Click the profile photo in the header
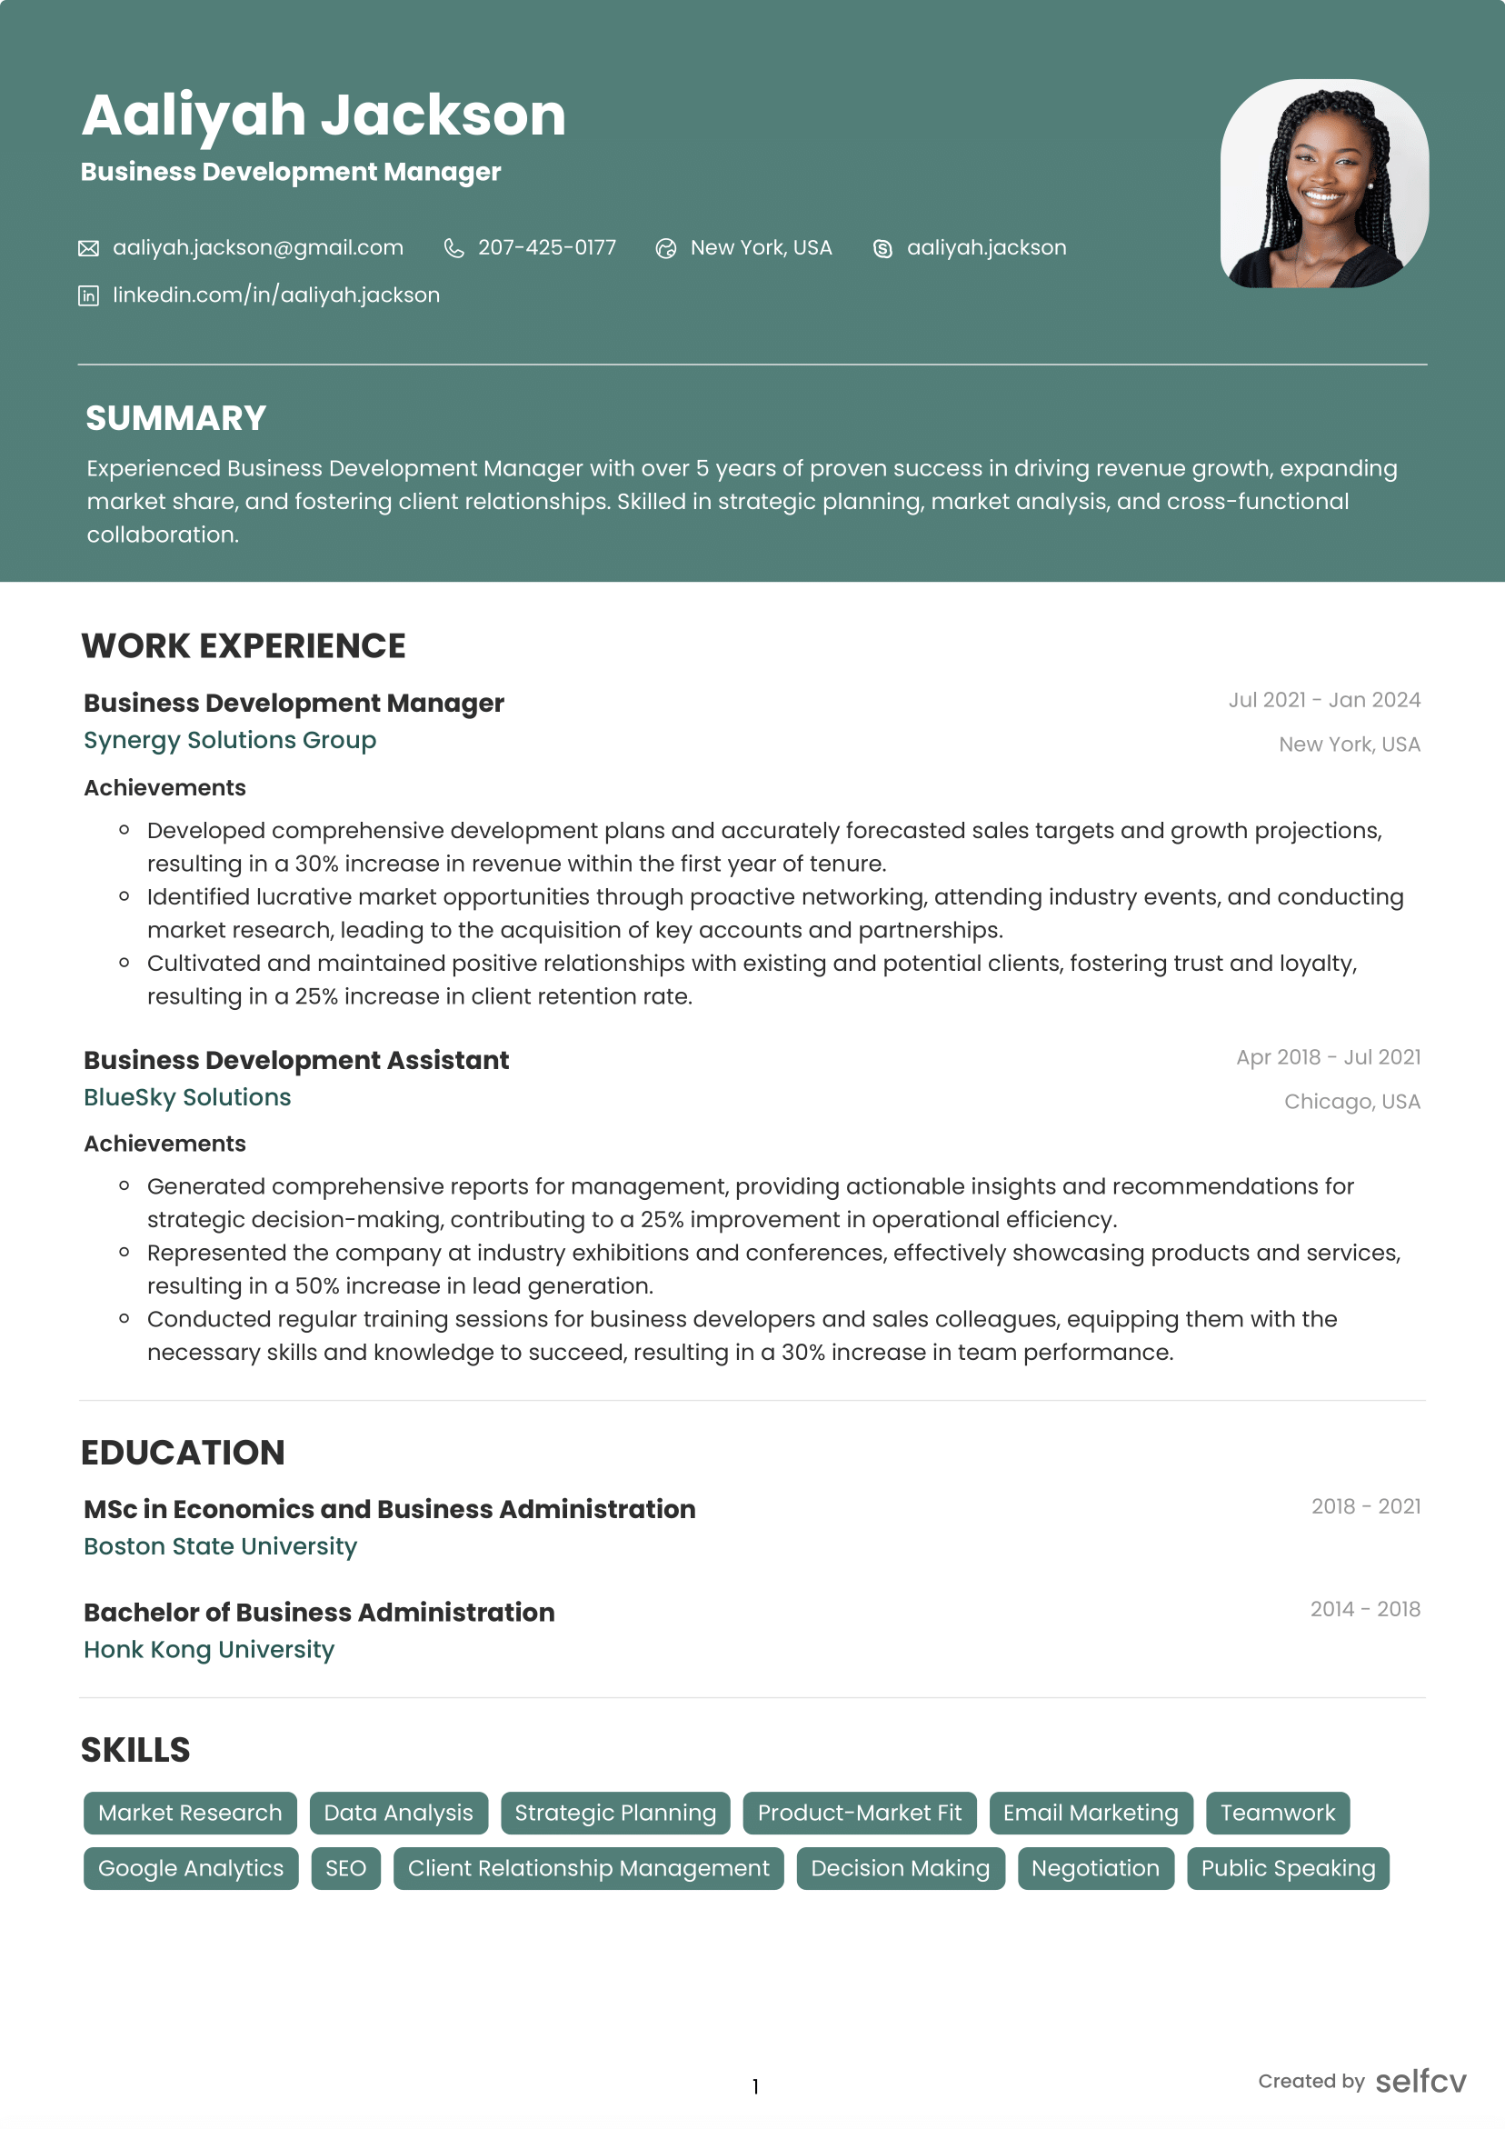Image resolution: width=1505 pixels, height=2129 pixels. tap(1323, 184)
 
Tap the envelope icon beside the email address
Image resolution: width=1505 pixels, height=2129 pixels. tap(88, 248)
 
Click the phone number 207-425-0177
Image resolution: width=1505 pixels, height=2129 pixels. tap(546, 248)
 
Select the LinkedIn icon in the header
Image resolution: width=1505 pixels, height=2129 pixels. tap(88, 295)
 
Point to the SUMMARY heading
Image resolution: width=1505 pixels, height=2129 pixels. tap(176, 418)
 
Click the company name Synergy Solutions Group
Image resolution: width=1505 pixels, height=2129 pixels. tap(230, 740)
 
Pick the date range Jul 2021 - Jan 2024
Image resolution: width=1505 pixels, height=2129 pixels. tap(1323, 700)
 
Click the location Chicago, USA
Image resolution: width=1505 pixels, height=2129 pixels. tap(1351, 1102)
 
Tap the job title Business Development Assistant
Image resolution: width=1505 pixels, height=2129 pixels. tap(295, 1060)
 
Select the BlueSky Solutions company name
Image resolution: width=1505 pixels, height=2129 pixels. tap(187, 1097)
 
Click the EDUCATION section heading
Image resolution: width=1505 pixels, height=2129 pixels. tap(183, 1452)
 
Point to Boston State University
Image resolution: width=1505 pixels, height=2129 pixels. tap(220, 1545)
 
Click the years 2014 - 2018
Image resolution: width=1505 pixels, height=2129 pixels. tap(1364, 1609)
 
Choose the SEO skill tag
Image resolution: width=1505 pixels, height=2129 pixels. tap(345, 1868)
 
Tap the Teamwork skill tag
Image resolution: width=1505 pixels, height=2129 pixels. tap(1277, 1813)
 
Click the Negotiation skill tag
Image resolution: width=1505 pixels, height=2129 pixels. tap(1095, 1868)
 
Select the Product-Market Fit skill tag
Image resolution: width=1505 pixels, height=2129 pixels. tap(859, 1813)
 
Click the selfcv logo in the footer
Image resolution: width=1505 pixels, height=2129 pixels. tap(1420, 2081)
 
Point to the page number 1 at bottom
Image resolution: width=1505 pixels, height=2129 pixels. tap(755, 2086)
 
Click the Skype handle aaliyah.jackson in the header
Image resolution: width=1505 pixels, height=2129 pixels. tap(986, 248)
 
